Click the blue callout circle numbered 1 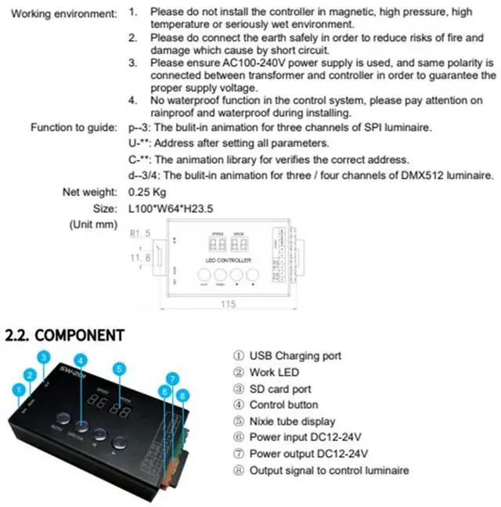tap(16, 388)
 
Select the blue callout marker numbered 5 tap(118, 368)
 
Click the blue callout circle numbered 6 tap(164, 391)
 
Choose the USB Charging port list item tap(295, 356)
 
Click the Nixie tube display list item tap(294, 422)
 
